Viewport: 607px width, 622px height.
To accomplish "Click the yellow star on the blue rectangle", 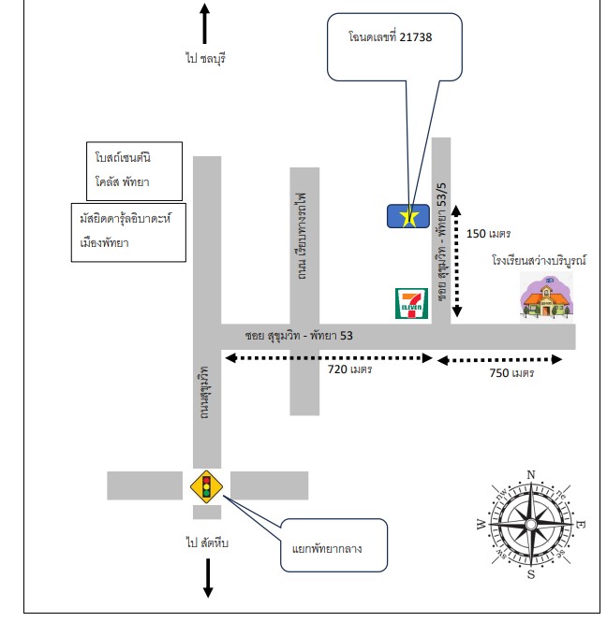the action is [x=408, y=217].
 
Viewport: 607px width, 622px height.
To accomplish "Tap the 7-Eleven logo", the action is [x=411, y=303].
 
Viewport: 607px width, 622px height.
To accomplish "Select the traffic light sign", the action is [x=207, y=486].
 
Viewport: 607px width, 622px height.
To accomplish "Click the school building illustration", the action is [x=547, y=297].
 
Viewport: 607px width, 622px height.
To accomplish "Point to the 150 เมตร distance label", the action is [x=488, y=234].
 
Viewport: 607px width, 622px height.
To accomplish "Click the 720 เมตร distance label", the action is [x=350, y=369].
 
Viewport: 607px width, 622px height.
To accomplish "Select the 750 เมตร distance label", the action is [x=511, y=373].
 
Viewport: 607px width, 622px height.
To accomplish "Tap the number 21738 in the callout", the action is [x=416, y=36].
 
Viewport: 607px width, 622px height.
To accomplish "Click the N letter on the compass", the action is [x=531, y=474].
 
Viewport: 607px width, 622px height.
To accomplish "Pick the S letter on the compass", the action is [x=531, y=574].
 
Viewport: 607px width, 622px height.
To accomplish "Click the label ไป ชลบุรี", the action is [x=206, y=58].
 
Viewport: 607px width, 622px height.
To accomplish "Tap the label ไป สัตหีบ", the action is [x=207, y=542].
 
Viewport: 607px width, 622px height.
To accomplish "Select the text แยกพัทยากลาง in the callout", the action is [x=327, y=549].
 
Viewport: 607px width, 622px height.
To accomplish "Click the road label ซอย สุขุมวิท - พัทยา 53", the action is [x=299, y=336].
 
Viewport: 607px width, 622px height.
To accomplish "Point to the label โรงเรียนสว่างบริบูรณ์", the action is [x=539, y=260].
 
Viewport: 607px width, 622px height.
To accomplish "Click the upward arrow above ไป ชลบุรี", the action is [x=204, y=23].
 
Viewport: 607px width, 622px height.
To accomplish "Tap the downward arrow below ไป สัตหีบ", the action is [x=208, y=578].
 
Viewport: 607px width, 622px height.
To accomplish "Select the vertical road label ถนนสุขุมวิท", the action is [x=204, y=392].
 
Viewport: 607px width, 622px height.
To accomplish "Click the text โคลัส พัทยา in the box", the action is [x=122, y=181].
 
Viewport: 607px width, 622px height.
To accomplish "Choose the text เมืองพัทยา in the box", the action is [x=105, y=242].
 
